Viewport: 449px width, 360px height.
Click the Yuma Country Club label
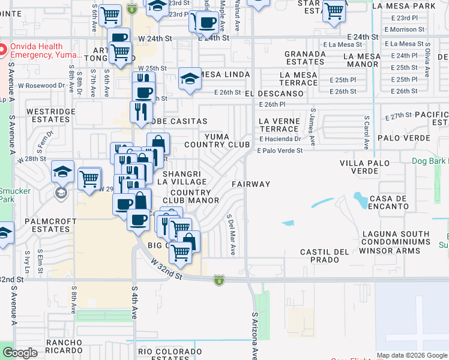point(208,140)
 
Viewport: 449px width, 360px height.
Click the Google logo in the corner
point(19,353)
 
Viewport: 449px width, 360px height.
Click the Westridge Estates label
point(50,115)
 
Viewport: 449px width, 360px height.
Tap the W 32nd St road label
point(167,269)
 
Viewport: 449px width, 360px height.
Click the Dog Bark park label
point(430,161)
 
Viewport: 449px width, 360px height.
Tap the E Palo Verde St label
point(280,151)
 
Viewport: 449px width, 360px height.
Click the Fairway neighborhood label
point(251,184)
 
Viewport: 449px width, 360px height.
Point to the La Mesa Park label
point(403,6)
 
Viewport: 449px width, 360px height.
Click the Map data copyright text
point(412,355)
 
